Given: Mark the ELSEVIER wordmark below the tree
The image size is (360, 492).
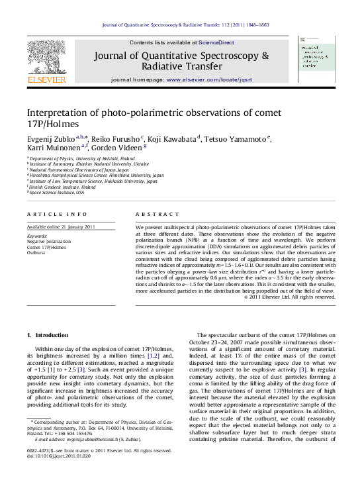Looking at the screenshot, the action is (x=46, y=81).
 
